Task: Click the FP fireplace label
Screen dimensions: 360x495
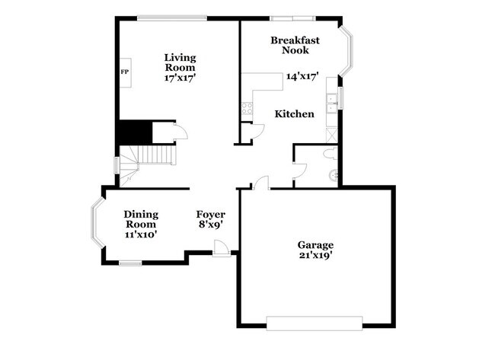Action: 124,72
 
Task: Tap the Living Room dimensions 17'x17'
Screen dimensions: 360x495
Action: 180,78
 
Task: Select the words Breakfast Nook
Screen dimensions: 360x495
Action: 295,45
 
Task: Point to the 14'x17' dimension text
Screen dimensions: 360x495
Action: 302,76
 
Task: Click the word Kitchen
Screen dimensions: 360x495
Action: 294,114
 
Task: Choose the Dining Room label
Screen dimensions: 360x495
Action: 140,219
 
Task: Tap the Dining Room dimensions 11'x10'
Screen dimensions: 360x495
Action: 140,235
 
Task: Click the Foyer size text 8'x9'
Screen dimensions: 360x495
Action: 211,225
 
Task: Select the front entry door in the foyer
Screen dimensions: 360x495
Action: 220,248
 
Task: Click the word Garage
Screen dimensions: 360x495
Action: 315,244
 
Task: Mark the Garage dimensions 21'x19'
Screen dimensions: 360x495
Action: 315,256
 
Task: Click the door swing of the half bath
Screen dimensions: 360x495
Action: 299,170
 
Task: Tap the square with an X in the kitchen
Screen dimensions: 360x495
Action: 331,135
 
